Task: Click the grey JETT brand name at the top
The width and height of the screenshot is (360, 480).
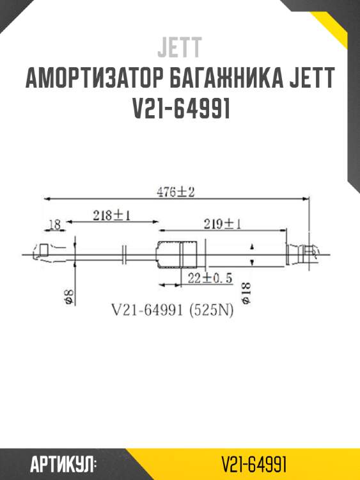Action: click(180, 47)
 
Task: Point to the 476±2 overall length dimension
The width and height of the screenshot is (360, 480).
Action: click(175, 191)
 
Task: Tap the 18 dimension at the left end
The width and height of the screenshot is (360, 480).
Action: click(54, 224)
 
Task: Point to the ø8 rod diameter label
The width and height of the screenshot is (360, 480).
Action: click(68, 296)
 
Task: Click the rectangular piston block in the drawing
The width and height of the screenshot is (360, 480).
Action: click(176, 254)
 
